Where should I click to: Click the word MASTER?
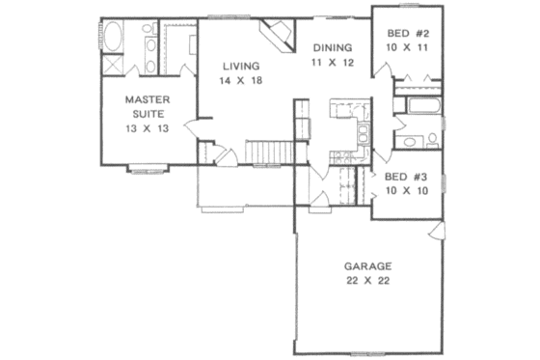148,98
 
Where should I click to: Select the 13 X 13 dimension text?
148,129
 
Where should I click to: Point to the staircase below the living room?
269,152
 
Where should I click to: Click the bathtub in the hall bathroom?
421,104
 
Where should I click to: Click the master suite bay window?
149,170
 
